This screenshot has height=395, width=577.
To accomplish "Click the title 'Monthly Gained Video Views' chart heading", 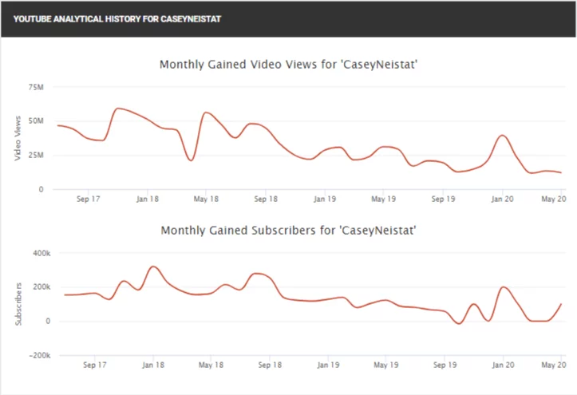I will (x=289, y=65).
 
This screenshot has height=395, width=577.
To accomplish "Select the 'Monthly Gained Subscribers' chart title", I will (x=289, y=231).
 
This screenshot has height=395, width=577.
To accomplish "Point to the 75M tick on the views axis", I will (x=36, y=87).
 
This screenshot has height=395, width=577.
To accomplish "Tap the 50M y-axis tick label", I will (x=36, y=121).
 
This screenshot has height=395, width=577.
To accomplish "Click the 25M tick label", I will (x=36, y=155).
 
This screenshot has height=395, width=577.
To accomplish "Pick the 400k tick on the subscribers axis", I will (x=39, y=252).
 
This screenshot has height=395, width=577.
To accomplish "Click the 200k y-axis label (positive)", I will (x=39, y=286).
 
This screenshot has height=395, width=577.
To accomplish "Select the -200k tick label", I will (x=38, y=355).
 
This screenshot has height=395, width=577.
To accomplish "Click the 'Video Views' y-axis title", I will (x=17, y=138).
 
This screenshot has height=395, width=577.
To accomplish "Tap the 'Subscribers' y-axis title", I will (x=17, y=304).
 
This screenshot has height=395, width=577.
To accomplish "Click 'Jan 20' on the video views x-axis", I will (x=503, y=199).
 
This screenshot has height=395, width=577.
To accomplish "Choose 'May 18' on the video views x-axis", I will (x=207, y=199).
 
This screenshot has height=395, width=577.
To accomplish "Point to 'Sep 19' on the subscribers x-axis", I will (x=443, y=365).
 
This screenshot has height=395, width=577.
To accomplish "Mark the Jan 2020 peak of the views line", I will (x=502, y=135).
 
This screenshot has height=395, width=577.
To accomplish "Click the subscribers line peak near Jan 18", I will (x=153, y=266).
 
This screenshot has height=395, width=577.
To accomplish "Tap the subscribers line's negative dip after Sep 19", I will (x=457, y=323).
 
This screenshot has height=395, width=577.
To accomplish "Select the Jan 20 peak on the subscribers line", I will (x=504, y=286).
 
